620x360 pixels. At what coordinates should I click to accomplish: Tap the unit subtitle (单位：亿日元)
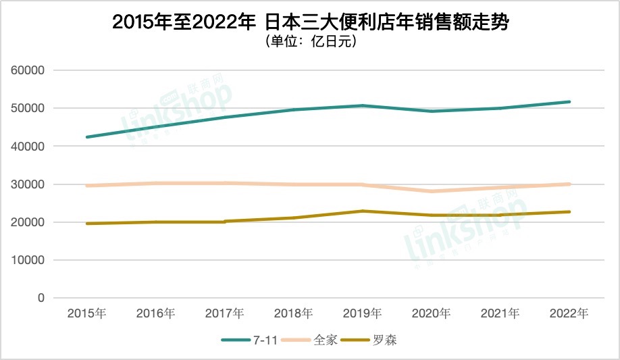click(x=310, y=42)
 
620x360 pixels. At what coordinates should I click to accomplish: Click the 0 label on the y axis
click(x=41, y=298)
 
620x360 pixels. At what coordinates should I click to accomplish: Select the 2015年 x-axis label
click(x=86, y=313)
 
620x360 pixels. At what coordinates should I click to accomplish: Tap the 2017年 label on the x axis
click(x=224, y=313)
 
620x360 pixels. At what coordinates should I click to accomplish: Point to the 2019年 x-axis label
click(x=362, y=313)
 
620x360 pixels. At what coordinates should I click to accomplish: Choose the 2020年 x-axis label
click(x=432, y=313)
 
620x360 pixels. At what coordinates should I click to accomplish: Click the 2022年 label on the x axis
click(x=569, y=313)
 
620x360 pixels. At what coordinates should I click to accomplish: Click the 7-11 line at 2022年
click(x=569, y=102)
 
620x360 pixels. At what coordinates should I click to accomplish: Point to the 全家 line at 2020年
click(x=432, y=191)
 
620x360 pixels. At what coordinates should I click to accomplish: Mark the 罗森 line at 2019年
click(x=362, y=211)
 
